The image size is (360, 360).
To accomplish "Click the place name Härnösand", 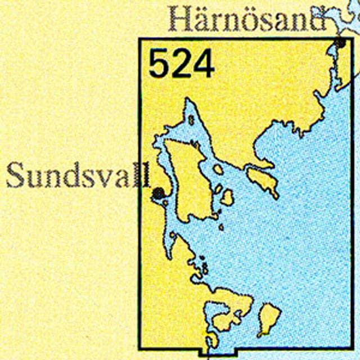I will coord(247,20).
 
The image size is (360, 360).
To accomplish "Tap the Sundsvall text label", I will coord(78,175).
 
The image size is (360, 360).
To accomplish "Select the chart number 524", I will coord(181,64).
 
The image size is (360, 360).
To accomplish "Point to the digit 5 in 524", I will coord(159,64).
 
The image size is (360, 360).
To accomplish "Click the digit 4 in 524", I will coord(203,64).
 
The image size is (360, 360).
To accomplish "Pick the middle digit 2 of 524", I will coord(181,64).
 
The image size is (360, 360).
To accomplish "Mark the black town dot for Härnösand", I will coord(340,42).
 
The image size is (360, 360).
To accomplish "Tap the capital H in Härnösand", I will coord(181,20).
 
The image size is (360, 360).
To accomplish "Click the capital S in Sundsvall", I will coord(16,176).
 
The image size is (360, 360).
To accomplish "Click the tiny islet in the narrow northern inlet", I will coord(191,120).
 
